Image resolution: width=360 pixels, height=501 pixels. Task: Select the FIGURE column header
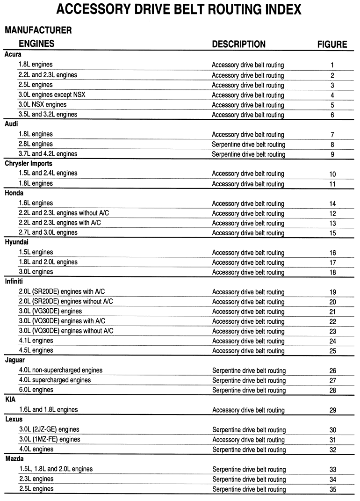[x=332, y=44]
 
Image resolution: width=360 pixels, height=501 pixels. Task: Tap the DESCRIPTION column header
[x=238, y=44]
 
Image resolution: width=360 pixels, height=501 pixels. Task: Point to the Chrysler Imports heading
[x=28, y=164]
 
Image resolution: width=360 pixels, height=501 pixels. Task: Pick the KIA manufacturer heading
[x=11, y=399]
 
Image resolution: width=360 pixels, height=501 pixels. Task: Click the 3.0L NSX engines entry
[x=43, y=104]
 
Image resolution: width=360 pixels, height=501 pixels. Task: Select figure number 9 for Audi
[x=332, y=154]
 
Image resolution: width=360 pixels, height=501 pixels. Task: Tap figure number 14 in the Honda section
[x=332, y=203]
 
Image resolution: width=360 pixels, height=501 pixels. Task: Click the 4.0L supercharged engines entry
[x=55, y=380]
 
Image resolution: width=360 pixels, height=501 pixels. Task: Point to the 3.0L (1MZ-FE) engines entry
[x=49, y=439]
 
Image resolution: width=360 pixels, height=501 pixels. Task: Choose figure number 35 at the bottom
[x=332, y=489]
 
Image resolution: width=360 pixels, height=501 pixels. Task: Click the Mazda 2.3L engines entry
[x=36, y=479]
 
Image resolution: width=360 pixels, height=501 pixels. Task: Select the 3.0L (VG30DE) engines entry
[x=50, y=311]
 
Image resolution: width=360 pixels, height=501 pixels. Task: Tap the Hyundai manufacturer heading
[x=17, y=242]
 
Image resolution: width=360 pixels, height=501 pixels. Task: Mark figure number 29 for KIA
[x=332, y=410]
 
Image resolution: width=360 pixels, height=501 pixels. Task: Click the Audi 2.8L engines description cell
[x=248, y=145]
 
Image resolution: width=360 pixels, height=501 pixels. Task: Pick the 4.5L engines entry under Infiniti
[x=36, y=350]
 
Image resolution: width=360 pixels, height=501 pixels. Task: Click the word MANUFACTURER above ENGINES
[x=38, y=30]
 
